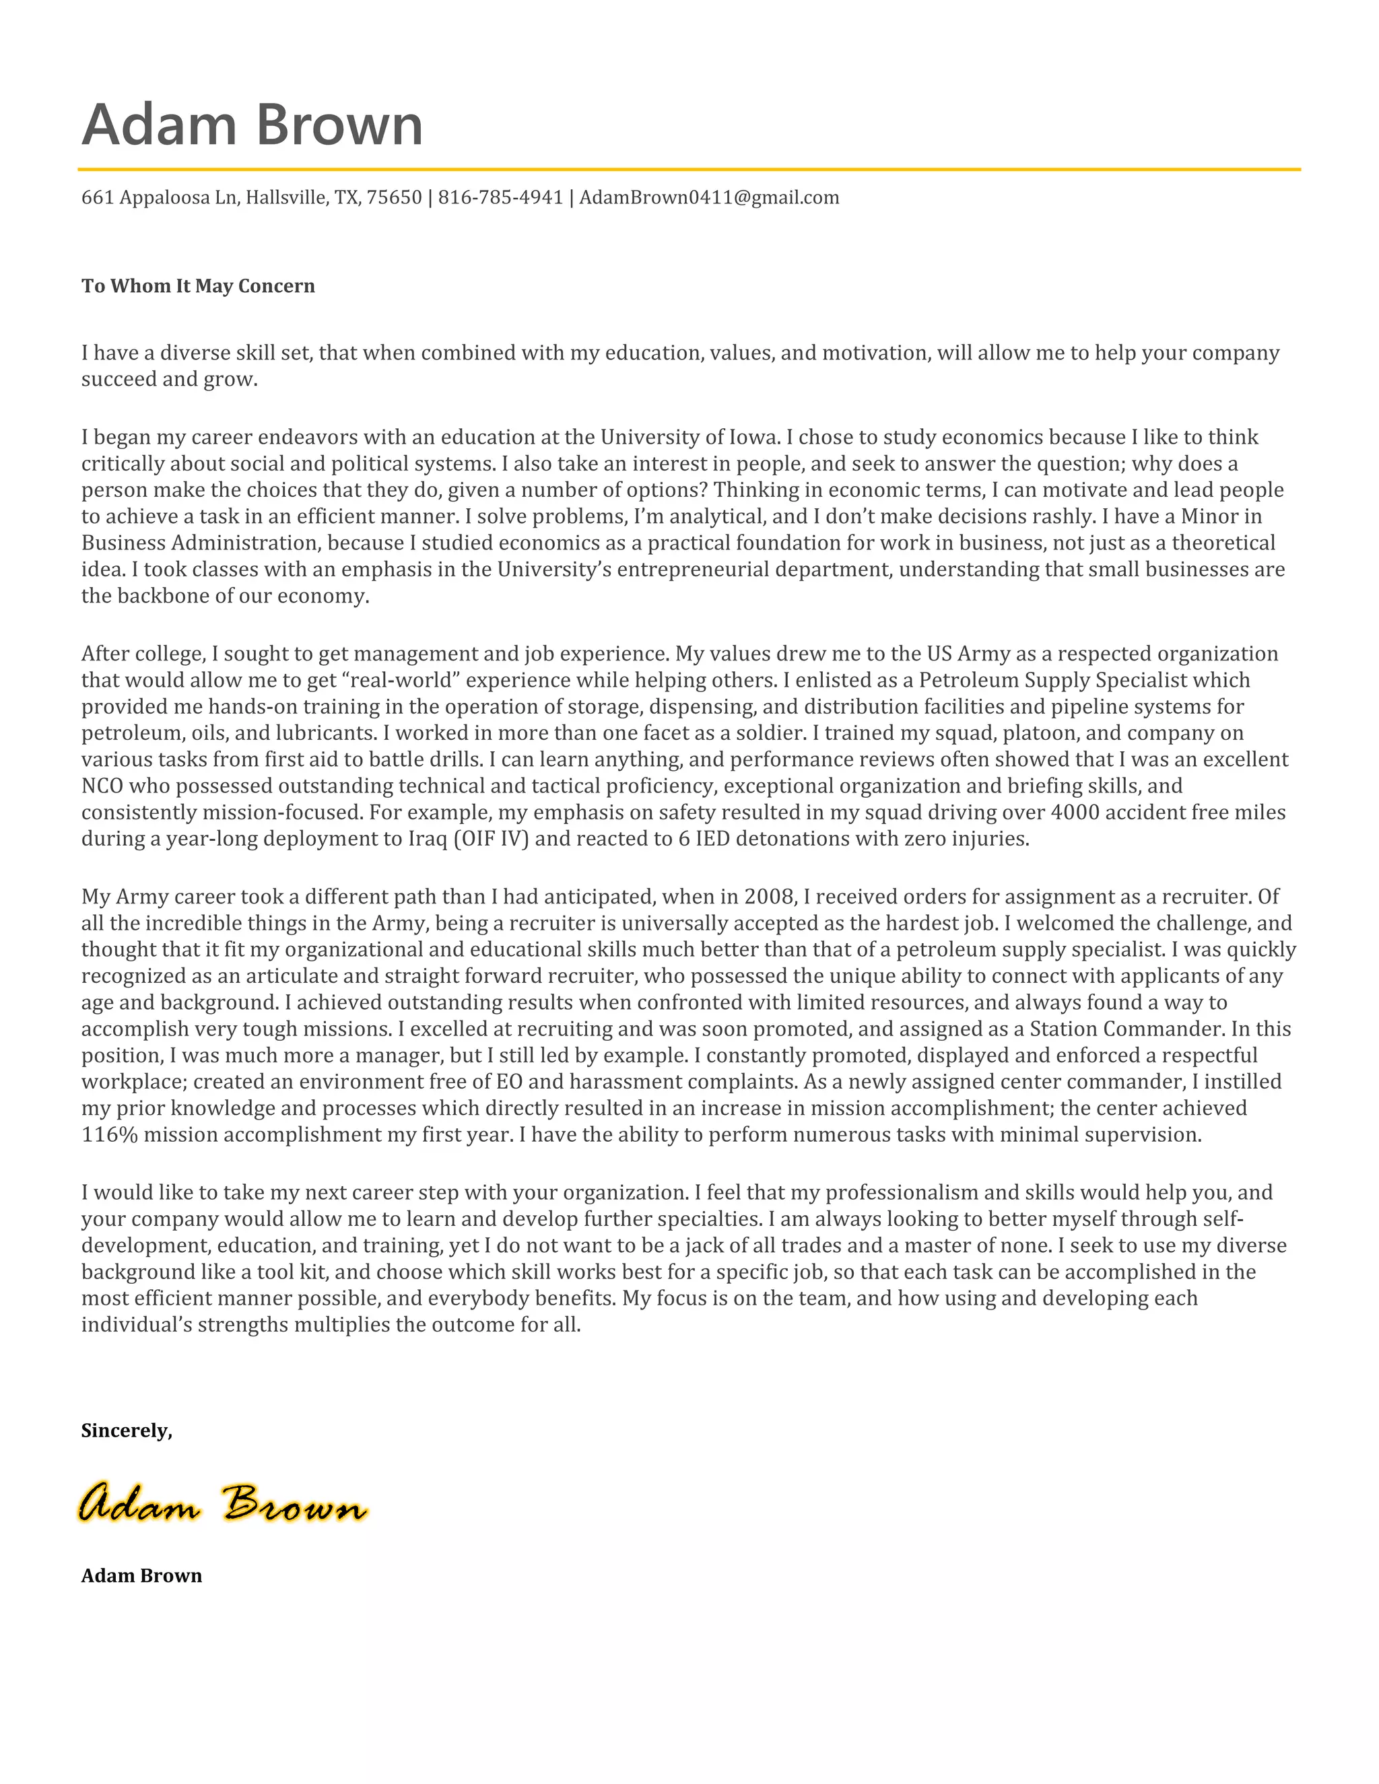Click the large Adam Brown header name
252,125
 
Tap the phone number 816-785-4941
500,198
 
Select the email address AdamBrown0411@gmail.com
709,198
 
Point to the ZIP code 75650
394,198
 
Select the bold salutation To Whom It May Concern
198,286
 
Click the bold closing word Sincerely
126,1431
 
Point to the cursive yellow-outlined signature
222,1502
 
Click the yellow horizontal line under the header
689,170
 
